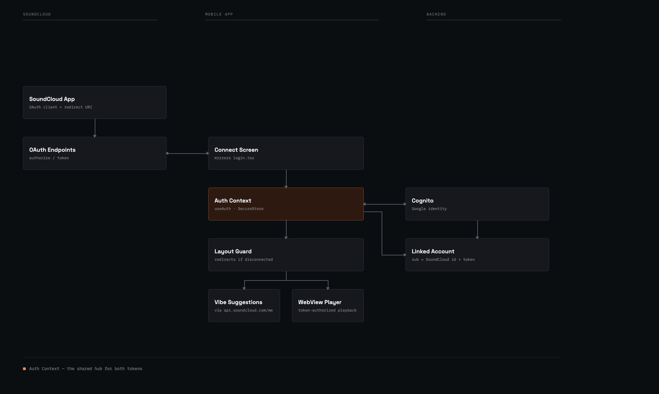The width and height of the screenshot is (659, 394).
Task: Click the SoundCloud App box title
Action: click(x=52, y=99)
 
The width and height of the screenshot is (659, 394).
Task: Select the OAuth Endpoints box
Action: click(x=95, y=153)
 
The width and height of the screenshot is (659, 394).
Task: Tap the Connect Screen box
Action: click(x=286, y=153)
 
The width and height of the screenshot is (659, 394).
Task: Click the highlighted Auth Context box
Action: click(x=286, y=204)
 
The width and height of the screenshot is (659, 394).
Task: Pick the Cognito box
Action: click(x=477, y=204)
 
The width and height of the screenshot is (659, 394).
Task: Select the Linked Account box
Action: click(x=477, y=255)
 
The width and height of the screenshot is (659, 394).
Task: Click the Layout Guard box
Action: click(x=286, y=255)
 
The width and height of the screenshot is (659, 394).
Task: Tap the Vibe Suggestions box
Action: click(x=244, y=306)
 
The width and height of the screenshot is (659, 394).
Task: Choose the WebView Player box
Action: click(x=328, y=306)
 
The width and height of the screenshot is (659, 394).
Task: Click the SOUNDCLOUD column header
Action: click(x=37, y=14)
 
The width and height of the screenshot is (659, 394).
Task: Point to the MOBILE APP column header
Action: click(x=219, y=14)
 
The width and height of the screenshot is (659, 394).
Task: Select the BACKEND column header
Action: click(x=436, y=14)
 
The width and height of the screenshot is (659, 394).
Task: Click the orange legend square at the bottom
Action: click(x=25, y=369)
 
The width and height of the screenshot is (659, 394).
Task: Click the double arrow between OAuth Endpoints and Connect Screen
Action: click(x=187, y=153)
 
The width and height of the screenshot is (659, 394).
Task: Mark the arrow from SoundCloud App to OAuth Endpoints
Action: click(x=95, y=128)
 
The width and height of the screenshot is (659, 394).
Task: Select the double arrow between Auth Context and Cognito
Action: click(x=385, y=204)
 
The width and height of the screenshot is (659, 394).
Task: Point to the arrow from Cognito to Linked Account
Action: click(x=477, y=230)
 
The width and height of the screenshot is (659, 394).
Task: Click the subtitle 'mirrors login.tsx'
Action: click(x=234, y=158)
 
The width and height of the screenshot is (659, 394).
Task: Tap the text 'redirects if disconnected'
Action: click(x=244, y=260)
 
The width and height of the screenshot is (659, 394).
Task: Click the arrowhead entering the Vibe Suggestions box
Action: click(x=244, y=288)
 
